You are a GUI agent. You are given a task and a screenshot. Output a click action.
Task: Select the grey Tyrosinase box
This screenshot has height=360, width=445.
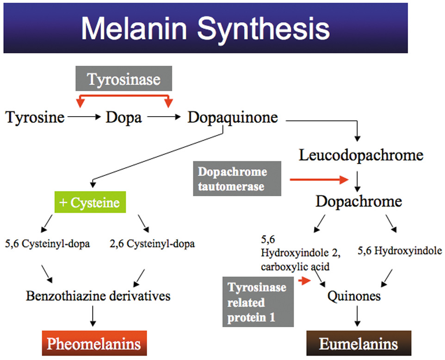pyautogui.click(x=124, y=79)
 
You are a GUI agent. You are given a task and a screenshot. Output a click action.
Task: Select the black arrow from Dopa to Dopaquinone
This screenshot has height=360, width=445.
pyautogui.click(x=164, y=118)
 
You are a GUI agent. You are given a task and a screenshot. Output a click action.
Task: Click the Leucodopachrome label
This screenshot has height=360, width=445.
pyautogui.click(x=361, y=155)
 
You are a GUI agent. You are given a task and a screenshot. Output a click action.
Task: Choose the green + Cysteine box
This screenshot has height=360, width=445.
pyautogui.click(x=90, y=203)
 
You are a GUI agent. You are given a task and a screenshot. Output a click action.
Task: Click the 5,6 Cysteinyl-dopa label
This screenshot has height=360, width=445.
pyautogui.click(x=48, y=244)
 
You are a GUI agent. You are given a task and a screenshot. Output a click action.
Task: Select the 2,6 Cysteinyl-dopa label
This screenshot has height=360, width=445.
pyautogui.click(x=153, y=244)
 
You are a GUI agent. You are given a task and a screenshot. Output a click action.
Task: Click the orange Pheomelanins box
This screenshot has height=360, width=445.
pyautogui.click(x=94, y=343)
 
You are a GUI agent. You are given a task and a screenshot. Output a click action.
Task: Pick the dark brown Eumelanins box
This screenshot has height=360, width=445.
pyautogui.click(x=358, y=343)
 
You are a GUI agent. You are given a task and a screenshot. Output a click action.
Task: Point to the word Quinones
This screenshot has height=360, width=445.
pyautogui.click(x=354, y=295)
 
